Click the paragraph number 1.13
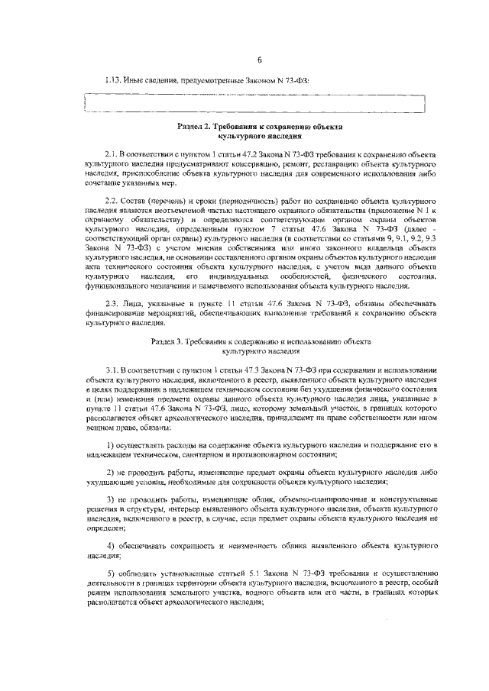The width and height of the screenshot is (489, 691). tap(112, 79)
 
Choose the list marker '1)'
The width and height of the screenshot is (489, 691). tap(111, 444)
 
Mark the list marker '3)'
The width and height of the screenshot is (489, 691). tap(111, 498)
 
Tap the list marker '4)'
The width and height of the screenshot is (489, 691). tap(111, 546)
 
